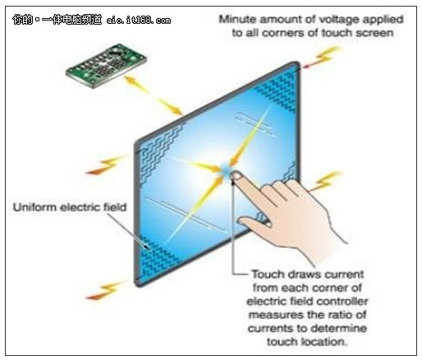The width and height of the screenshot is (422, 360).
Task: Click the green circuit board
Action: pos(106,66)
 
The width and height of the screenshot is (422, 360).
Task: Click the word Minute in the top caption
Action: pos(237,19)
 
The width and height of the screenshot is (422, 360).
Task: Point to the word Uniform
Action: pos(35,207)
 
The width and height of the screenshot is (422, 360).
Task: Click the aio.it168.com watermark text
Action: pos(139,20)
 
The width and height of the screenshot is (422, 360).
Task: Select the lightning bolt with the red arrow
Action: pos(323,57)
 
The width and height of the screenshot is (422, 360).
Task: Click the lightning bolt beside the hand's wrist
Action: pos(326,181)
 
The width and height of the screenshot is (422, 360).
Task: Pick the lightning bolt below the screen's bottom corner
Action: pos(105,290)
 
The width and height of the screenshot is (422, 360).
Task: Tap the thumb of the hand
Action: pos(254,223)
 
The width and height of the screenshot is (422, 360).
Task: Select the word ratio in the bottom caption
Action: pos(339,315)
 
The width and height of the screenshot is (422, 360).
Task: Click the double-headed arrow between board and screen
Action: pos(154,95)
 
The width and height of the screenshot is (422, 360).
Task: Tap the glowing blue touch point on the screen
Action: pos(226,170)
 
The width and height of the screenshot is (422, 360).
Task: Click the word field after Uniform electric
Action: pos(115,207)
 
